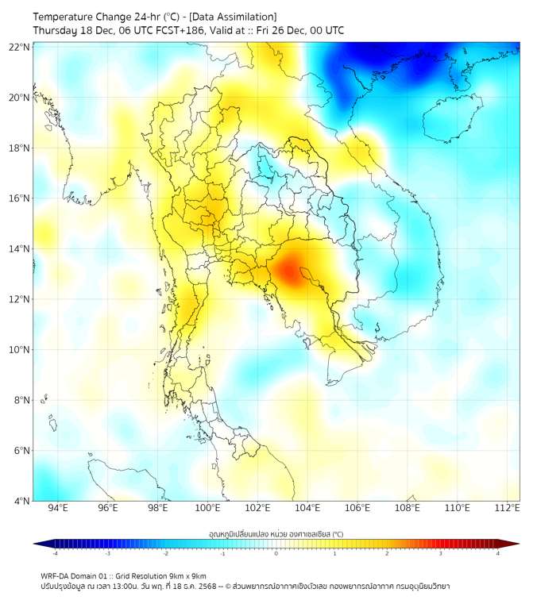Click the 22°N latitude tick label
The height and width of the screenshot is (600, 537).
pyautogui.click(x=20, y=47)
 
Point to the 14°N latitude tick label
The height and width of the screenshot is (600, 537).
pyautogui.click(x=20, y=248)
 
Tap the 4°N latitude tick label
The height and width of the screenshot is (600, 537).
pyautogui.click(x=22, y=501)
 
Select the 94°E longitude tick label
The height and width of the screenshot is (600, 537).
pyautogui.click(x=58, y=508)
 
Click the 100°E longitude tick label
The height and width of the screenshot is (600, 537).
pyautogui.click(x=207, y=508)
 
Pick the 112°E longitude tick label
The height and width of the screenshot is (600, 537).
pyautogui.click(x=507, y=508)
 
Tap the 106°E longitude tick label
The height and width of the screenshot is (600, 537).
pyautogui.click(x=357, y=508)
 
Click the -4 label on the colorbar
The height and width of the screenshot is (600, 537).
pyautogui.click(x=55, y=553)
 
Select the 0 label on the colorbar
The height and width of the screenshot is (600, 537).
pyautogui.click(x=276, y=553)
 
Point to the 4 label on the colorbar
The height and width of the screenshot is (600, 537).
pyautogui.click(x=497, y=553)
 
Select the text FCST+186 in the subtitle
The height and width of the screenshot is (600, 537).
pyautogui.click(x=168, y=30)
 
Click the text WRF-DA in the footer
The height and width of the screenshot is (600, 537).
pyautogui.click(x=56, y=575)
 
